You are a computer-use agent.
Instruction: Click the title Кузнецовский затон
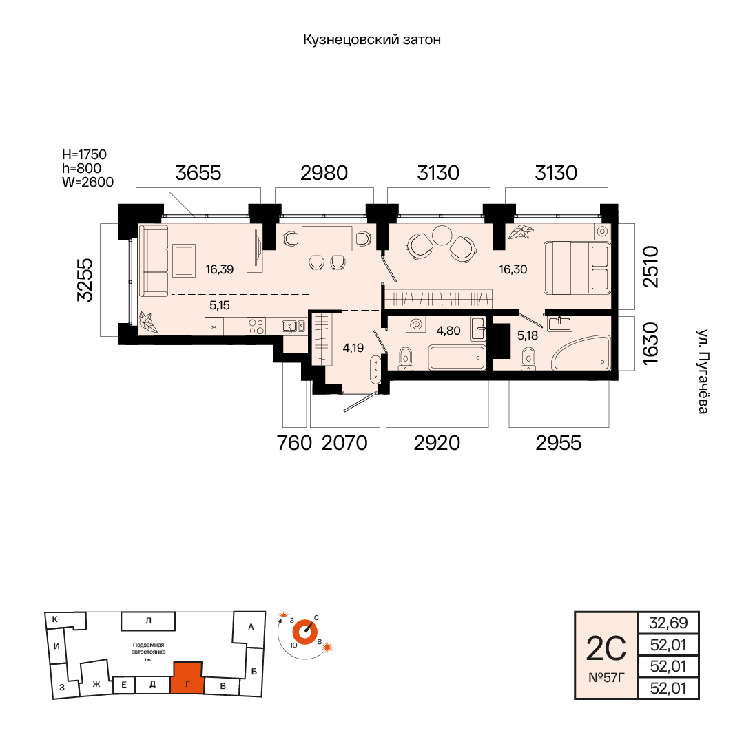pyautogui.click(x=372, y=39)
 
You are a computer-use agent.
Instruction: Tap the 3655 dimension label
pyautogui.click(x=198, y=173)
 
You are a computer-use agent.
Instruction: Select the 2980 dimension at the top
pyautogui.click(x=324, y=173)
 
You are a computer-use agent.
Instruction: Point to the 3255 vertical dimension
pyautogui.click(x=85, y=280)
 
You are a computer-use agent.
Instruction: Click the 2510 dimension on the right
pyautogui.click(x=650, y=267)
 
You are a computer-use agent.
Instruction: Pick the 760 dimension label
pyautogui.click(x=294, y=443)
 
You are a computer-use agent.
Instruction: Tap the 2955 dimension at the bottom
pyautogui.click(x=559, y=443)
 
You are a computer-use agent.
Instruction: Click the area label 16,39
pyautogui.click(x=220, y=269)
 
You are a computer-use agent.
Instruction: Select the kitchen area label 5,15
pyautogui.click(x=220, y=305)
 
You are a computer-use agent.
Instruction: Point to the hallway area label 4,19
pyautogui.click(x=353, y=348)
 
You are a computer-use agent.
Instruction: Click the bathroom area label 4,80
pyautogui.click(x=448, y=331)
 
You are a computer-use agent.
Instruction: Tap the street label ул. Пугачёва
pyautogui.click(x=703, y=371)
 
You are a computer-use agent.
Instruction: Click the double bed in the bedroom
pyautogui.click(x=577, y=267)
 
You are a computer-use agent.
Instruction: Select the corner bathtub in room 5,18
pyautogui.click(x=581, y=353)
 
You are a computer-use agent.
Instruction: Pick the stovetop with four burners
pyautogui.click(x=256, y=327)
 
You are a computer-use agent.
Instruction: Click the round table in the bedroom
pyautogui.click(x=442, y=235)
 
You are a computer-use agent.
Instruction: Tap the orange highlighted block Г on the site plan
pyautogui.click(x=187, y=678)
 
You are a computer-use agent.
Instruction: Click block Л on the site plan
pyautogui.click(x=148, y=621)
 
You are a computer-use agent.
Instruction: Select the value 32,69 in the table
pyautogui.click(x=668, y=623)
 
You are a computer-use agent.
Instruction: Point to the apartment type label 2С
pyautogui.click(x=606, y=649)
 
